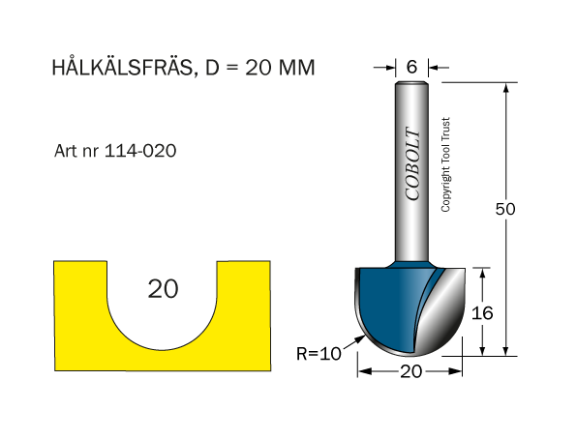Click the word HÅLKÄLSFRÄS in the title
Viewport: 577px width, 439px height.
(123, 68)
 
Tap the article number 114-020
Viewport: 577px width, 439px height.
(140, 151)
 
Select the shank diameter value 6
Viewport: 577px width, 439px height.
(411, 67)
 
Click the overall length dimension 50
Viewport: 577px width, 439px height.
(505, 209)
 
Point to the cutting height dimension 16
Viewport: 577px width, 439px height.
(482, 313)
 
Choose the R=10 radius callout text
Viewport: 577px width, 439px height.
(319, 354)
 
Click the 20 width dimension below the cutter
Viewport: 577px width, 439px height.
(411, 371)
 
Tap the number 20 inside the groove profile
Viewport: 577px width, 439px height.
(163, 288)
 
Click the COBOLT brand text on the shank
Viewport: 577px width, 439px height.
(412, 164)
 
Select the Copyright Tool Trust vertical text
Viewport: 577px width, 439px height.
(445, 164)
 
